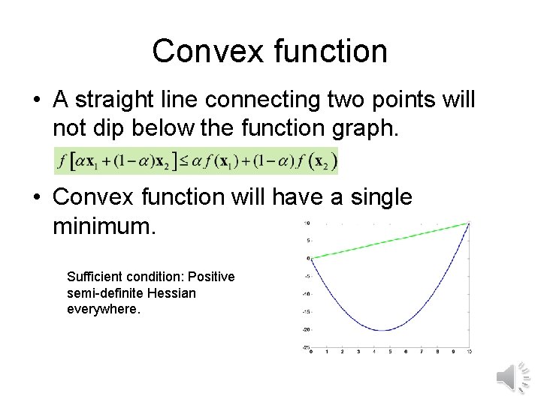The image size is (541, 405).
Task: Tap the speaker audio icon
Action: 513,376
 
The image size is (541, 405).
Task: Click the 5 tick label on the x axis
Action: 390,352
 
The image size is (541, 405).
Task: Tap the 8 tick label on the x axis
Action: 437,352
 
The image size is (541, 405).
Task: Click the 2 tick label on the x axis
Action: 343,352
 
